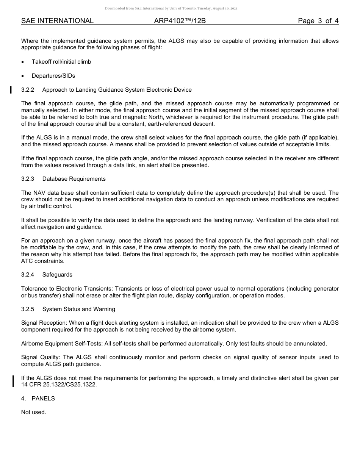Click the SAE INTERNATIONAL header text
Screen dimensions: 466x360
(x=57, y=21)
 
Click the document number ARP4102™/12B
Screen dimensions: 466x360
(x=180, y=21)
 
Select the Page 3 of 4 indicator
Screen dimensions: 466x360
(x=318, y=21)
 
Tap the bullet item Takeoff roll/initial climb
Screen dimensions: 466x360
(x=61, y=62)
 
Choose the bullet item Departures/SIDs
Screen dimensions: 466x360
(x=53, y=76)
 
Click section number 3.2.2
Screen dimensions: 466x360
(x=28, y=90)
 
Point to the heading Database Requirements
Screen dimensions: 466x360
(x=74, y=179)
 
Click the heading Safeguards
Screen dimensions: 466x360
(x=57, y=275)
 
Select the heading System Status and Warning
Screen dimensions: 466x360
(x=78, y=309)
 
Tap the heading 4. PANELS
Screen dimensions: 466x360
(x=38, y=399)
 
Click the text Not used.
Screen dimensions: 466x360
(x=34, y=412)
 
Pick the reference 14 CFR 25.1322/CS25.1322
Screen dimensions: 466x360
(x=59, y=385)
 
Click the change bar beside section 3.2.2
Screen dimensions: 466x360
(x=11, y=90)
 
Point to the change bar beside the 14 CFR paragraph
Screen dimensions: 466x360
(x=13, y=381)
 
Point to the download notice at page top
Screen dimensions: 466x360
(x=171, y=8)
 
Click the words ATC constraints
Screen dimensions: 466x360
(x=43, y=261)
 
